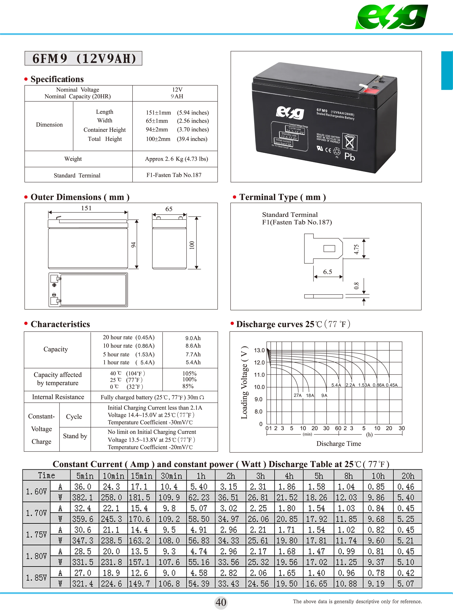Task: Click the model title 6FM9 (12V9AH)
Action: click(84, 58)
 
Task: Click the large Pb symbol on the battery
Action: click(350, 157)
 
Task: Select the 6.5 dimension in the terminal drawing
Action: click(327, 272)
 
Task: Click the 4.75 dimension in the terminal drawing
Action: click(356, 249)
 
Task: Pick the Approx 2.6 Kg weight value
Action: click(176, 159)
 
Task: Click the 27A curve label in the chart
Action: click(297, 395)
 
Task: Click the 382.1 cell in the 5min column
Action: click(83, 497)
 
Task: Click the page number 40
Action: click(221, 602)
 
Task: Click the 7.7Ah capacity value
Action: click(193, 354)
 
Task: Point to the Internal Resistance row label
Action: click(58, 397)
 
